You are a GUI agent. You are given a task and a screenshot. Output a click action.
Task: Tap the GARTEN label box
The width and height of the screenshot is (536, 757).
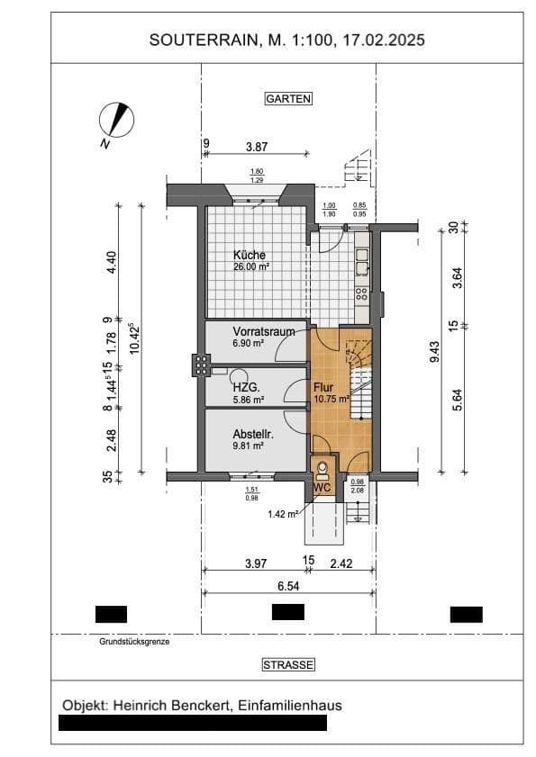(287, 99)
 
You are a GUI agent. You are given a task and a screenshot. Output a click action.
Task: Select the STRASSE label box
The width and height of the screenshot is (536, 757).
(288, 665)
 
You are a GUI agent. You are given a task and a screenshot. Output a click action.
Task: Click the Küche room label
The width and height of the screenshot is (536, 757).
(249, 255)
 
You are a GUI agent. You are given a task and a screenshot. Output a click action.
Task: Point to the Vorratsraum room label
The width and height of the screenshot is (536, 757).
(264, 331)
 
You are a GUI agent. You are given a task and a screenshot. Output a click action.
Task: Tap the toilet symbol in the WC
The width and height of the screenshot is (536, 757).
(323, 468)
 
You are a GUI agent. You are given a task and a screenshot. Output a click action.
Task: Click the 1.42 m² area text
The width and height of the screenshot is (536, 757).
(282, 514)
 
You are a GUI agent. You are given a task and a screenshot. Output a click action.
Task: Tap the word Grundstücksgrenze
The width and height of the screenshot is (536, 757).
(134, 643)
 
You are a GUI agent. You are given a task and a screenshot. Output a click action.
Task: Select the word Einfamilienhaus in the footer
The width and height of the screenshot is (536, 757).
(290, 705)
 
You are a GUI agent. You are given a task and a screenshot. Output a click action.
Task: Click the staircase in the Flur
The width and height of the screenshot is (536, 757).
(359, 378)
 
